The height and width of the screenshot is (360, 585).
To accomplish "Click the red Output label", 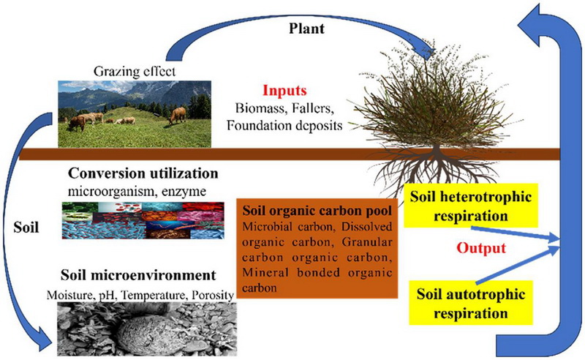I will (x=481, y=247).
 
